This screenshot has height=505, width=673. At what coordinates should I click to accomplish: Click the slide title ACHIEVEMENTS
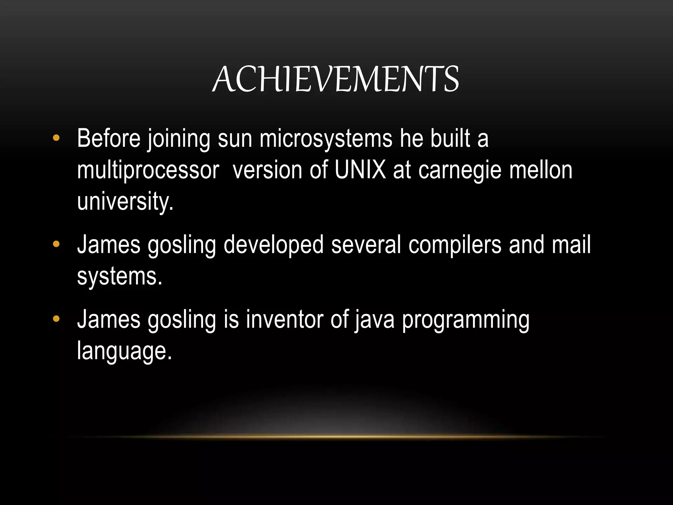tap(336, 79)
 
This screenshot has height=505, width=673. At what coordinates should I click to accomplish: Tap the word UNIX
tap(360, 170)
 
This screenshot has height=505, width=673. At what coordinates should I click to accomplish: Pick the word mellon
tap(541, 170)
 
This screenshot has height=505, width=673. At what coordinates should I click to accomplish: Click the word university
tap(125, 202)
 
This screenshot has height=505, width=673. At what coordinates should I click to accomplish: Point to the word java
tap(374, 320)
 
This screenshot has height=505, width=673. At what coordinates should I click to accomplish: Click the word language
tap(124, 351)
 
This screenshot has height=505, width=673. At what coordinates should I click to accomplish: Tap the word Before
tap(109, 138)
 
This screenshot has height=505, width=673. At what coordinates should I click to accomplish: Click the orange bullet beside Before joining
tap(56, 138)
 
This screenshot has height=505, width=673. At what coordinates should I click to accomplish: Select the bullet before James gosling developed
tap(56, 244)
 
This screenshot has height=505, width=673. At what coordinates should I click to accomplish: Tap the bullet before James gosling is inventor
tap(56, 319)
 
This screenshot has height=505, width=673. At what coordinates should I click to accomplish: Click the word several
tap(366, 245)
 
